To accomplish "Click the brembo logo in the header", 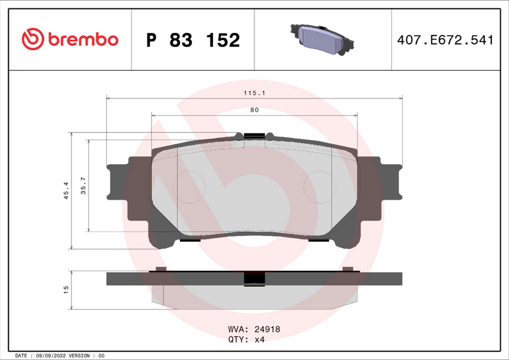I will pyautogui.click(x=70, y=39).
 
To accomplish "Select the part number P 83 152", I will pyautogui.click(x=193, y=40).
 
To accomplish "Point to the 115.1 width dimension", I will pyautogui.click(x=254, y=93).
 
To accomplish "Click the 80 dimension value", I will pyautogui.click(x=254, y=110).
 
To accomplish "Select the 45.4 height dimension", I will pyautogui.click(x=66, y=191).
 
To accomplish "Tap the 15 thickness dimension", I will pyautogui.click(x=66, y=289).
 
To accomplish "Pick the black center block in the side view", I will pyautogui.click(x=254, y=279).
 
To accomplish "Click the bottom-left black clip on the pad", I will pyautogui.click(x=190, y=240).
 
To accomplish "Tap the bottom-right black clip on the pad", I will pyautogui.click(x=318, y=240).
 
